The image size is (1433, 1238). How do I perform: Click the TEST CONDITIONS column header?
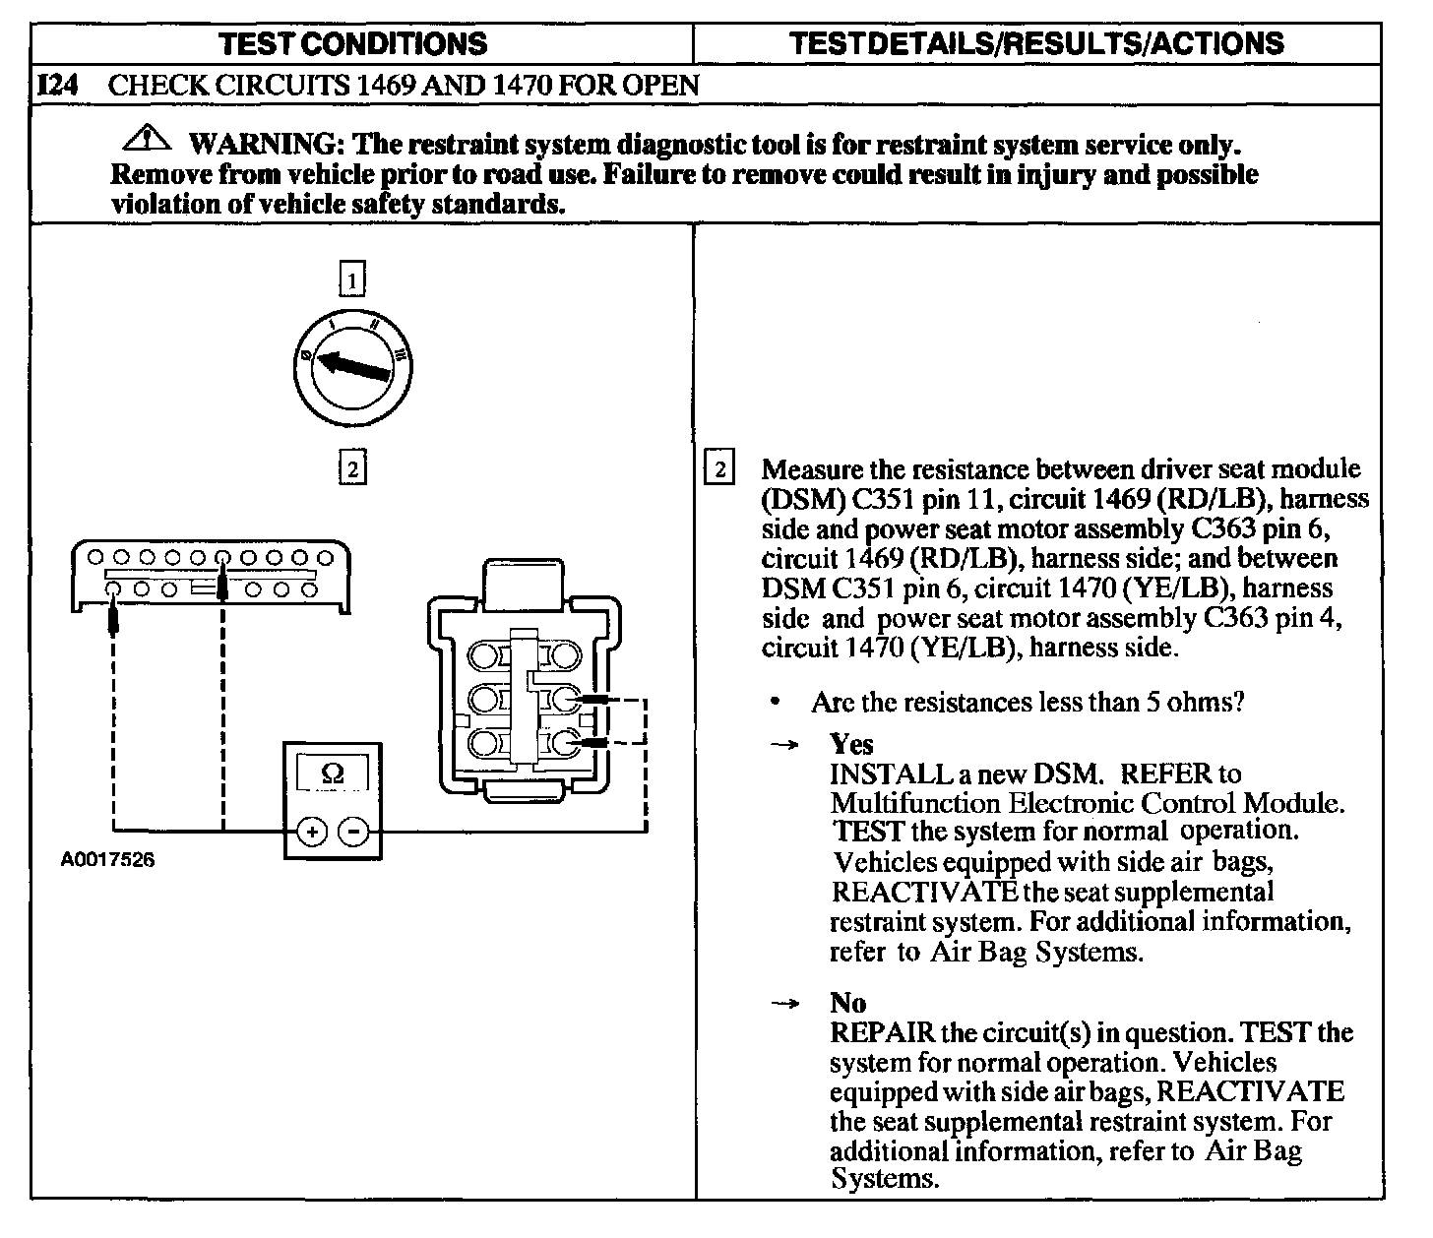353,43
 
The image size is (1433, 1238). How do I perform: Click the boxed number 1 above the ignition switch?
352,279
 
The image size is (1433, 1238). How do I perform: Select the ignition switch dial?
352,366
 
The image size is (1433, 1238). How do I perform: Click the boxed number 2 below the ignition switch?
352,466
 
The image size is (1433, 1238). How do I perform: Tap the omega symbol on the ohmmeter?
333,774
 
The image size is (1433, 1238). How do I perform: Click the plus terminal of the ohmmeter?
312,833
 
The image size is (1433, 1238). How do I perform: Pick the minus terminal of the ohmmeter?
353,833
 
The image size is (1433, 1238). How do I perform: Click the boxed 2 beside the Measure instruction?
719,468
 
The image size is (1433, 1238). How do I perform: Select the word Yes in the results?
851,744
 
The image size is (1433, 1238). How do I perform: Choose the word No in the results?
847,1003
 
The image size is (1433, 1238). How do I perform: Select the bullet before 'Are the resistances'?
777,702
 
